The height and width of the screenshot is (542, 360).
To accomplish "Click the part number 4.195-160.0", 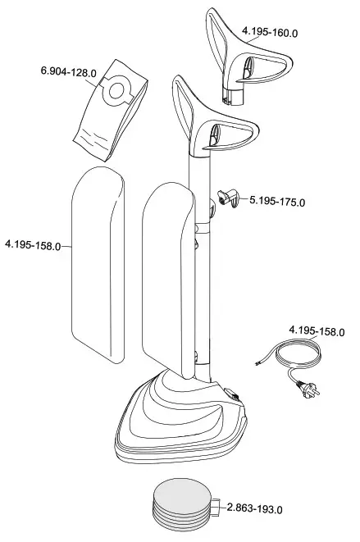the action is [270, 32].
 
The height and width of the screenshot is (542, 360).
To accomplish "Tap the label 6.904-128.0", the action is [68, 71].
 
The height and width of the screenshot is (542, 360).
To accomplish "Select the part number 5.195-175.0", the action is [277, 201].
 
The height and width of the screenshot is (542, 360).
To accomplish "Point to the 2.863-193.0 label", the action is [254, 508].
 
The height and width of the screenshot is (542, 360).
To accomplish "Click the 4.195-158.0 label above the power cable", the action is [317, 331].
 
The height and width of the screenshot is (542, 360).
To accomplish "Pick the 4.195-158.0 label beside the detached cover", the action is [33, 245].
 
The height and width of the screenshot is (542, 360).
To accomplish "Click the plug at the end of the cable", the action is [309, 389].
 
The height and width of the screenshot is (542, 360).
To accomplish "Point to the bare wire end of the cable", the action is [257, 363].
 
